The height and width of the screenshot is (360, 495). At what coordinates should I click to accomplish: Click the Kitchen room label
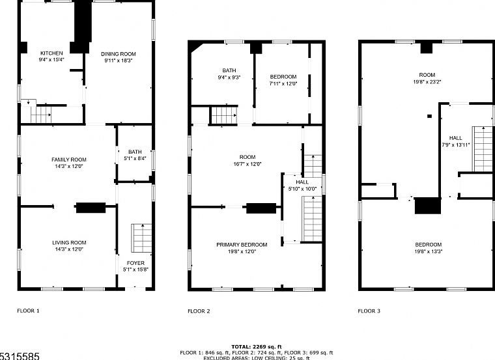tap(51, 53)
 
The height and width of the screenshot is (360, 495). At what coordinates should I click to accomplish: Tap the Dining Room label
tap(119, 53)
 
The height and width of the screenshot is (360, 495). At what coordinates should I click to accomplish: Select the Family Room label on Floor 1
tap(69, 159)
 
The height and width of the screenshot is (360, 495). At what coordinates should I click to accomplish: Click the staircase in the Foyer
tap(142, 238)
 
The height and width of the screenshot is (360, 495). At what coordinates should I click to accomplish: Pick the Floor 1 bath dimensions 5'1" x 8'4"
tap(135, 157)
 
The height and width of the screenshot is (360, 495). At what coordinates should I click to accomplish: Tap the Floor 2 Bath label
tap(229, 70)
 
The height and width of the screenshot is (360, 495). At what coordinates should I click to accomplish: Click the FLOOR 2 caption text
tap(199, 311)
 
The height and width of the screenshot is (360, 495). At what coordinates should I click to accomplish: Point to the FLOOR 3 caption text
tap(369, 311)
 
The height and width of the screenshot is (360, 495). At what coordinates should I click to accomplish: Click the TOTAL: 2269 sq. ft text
tap(257, 346)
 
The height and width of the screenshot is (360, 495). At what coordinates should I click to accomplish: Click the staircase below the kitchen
tap(40, 115)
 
